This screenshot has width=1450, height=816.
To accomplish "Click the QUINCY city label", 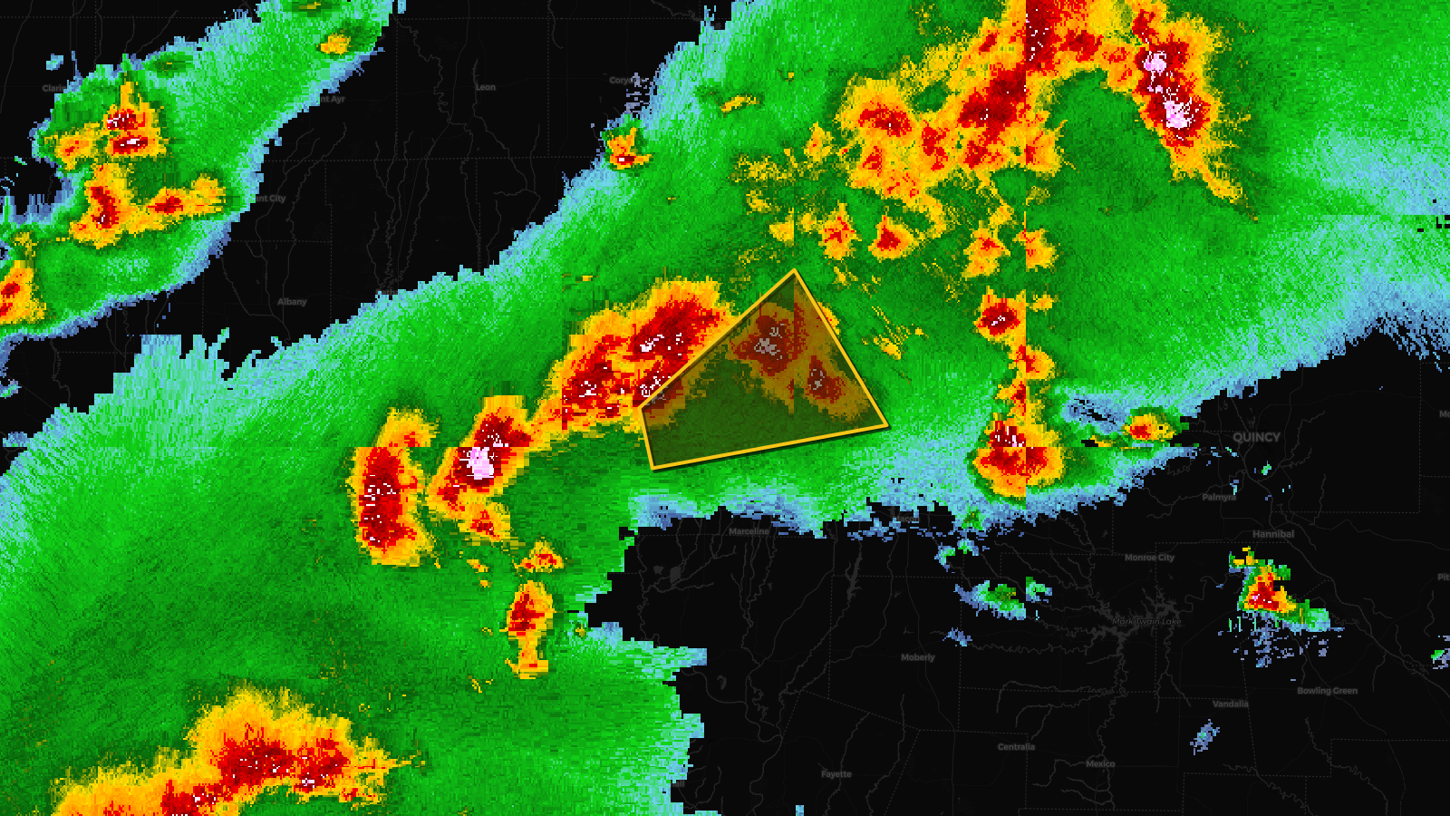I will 1256,437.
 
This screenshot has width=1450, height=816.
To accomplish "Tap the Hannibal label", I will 1273,534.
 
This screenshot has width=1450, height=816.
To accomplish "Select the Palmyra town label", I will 1219,497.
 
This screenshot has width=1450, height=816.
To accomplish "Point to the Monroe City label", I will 1149,558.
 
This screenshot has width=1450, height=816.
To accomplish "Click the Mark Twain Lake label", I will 1146,622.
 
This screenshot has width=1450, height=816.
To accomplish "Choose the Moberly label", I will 918,657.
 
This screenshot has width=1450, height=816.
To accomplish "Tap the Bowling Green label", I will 1327,691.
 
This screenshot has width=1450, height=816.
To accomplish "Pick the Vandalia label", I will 1231,704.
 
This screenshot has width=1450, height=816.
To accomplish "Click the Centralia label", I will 1016,747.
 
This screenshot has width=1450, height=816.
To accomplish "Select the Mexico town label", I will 1100,763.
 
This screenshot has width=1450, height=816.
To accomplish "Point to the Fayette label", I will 836,774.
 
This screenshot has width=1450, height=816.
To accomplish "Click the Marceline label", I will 749,531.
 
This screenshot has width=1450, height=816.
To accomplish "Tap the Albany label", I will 292,302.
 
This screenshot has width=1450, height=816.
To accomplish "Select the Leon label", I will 486,88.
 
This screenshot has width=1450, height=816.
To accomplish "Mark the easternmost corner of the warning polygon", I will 886,425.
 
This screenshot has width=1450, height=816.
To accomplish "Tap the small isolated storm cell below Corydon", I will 623,151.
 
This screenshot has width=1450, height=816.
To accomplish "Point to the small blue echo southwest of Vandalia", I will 1204,736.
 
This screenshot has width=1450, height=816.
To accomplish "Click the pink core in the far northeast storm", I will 1176,112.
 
